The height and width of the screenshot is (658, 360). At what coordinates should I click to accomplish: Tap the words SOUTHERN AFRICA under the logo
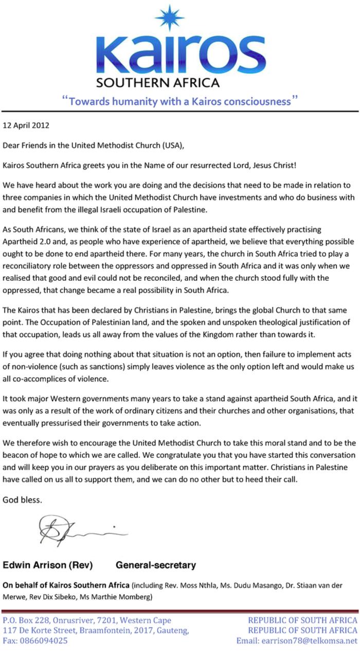tap(158, 82)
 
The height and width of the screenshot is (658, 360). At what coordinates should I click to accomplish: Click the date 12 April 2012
tap(26, 125)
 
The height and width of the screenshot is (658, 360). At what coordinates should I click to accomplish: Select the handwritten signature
tap(77, 530)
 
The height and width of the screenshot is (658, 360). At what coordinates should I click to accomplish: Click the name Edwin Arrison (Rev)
tap(48, 565)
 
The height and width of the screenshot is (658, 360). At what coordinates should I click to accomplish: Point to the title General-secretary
tap(155, 565)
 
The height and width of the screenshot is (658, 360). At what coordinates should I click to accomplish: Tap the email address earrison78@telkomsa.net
tap(297, 641)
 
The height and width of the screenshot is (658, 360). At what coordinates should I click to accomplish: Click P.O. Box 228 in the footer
tap(24, 620)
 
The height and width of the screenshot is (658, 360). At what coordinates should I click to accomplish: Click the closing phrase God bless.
tap(23, 500)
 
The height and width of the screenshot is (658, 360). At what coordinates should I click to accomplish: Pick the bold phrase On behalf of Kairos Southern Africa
tap(66, 585)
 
